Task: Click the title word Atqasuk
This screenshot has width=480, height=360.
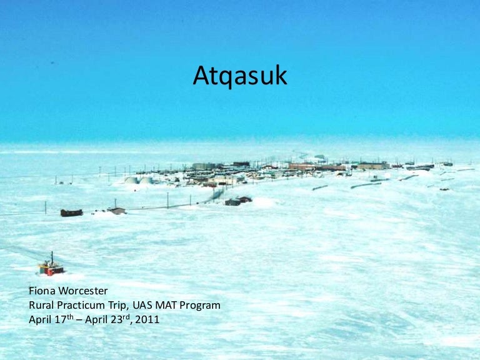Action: (240, 76)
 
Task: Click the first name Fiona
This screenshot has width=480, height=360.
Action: (43, 291)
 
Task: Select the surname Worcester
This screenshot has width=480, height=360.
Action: (85, 291)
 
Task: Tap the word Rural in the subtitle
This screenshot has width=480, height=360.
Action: (42, 305)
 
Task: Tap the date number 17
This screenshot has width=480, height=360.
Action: (61, 319)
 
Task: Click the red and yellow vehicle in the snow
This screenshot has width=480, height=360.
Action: (51, 268)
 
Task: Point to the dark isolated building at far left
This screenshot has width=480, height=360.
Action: (71, 212)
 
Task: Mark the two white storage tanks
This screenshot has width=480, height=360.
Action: (139, 180)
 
